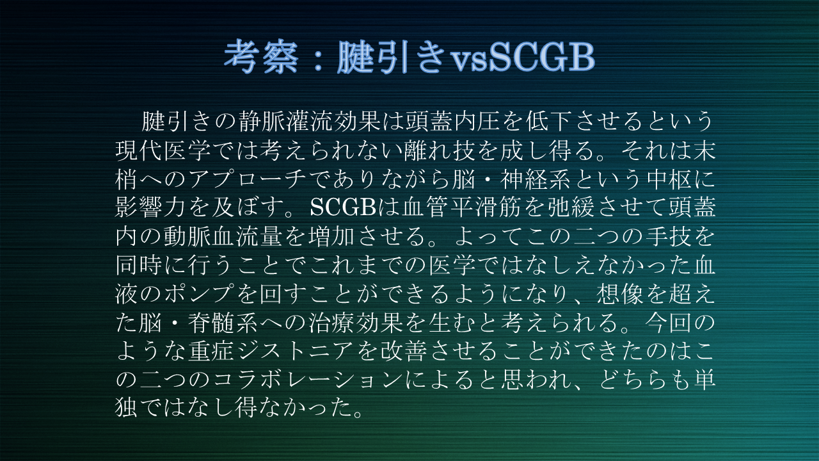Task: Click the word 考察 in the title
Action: (x=261, y=57)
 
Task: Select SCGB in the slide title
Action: (x=542, y=57)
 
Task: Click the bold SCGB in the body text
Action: (x=343, y=207)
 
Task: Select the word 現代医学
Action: (x=163, y=150)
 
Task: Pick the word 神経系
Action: (x=536, y=179)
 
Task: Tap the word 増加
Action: (x=331, y=236)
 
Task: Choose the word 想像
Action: (x=620, y=294)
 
